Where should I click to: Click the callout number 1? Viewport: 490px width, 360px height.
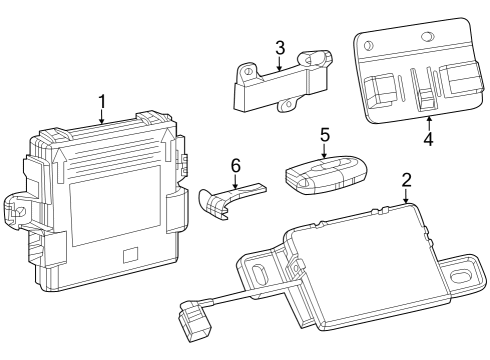click(102, 101)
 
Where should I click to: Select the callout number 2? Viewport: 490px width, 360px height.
click(406, 181)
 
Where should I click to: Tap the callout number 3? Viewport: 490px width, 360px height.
click(280, 47)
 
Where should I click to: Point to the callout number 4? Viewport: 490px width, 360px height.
click(428, 140)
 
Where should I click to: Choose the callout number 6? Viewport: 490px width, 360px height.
click(235, 164)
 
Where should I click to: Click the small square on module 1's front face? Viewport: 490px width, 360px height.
click(129, 255)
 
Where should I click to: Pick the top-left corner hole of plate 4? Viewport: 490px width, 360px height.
click(369, 46)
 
